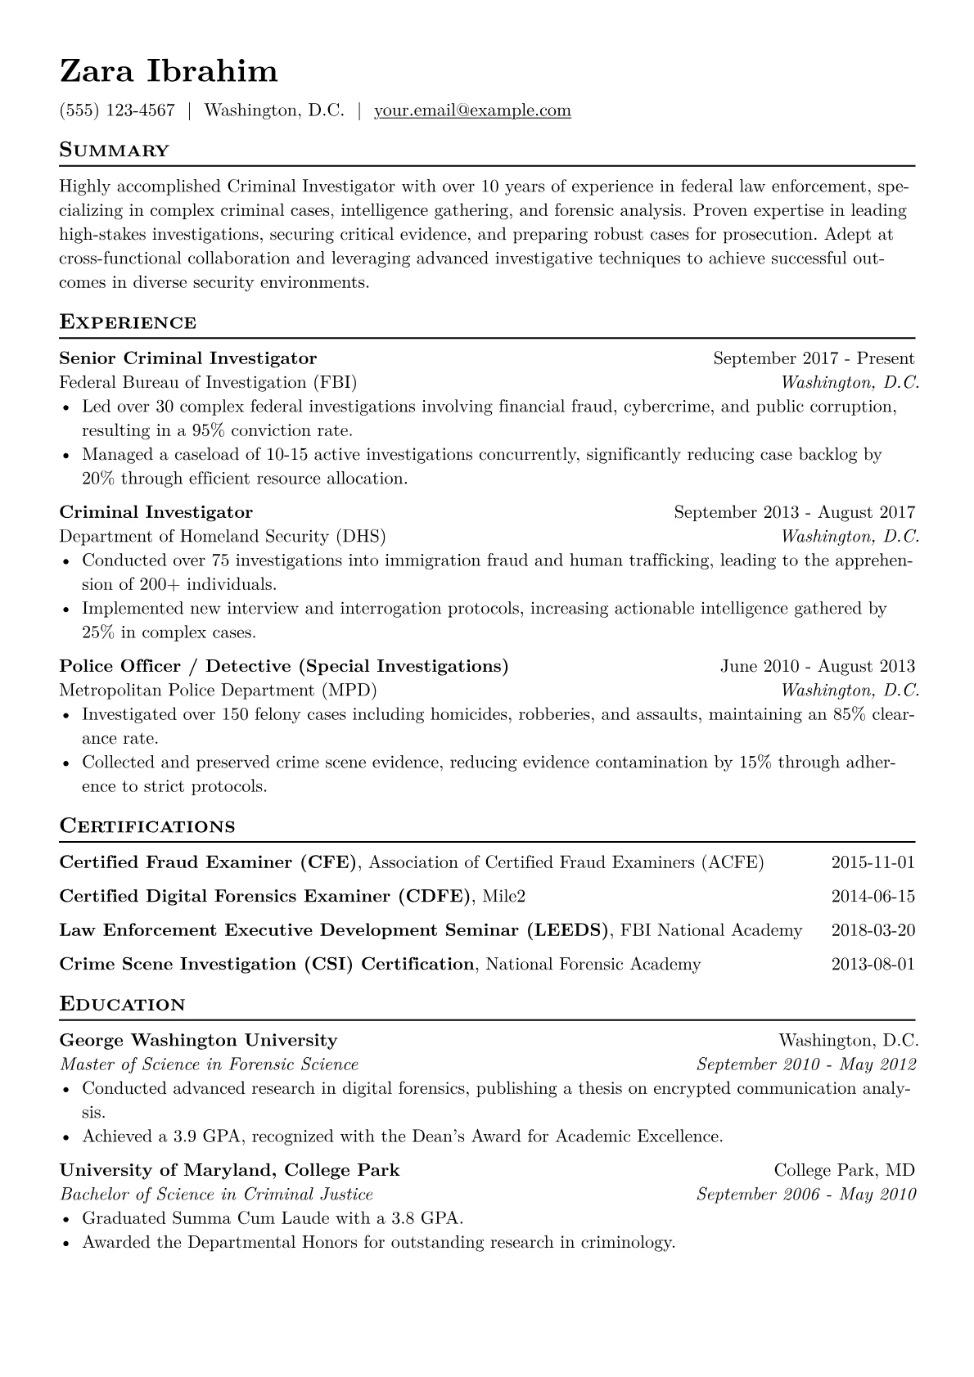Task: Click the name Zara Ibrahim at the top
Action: click(169, 72)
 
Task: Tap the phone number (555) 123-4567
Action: click(117, 110)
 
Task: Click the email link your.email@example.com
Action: click(472, 110)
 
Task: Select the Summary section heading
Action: click(114, 151)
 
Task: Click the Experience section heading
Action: click(128, 322)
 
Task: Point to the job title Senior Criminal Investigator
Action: click(187, 358)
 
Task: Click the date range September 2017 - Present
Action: click(814, 358)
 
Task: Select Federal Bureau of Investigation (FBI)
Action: click(208, 382)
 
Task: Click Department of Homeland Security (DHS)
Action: click(223, 537)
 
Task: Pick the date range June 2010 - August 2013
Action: click(817, 666)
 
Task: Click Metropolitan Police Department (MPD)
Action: click(218, 691)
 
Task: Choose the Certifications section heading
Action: click(147, 826)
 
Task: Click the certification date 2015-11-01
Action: click(873, 862)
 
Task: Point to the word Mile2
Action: click(503, 897)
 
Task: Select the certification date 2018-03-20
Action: click(873, 930)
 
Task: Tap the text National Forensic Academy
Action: click(593, 965)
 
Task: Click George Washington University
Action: click(198, 1041)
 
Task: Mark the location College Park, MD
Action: click(844, 1171)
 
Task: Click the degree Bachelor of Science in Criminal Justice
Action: click(216, 1195)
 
